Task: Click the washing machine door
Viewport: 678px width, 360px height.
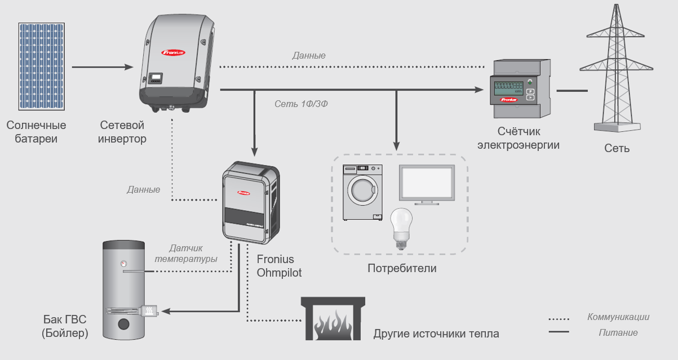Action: click(x=364, y=192)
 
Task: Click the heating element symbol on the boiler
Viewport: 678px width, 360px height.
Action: click(x=149, y=311)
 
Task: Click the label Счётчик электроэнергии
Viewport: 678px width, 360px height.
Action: click(x=519, y=138)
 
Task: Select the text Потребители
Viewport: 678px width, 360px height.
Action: click(x=402, y=268)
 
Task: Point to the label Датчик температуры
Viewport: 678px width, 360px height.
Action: click(x=186, y=254)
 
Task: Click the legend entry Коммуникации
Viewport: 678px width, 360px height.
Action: click(x=618, y=317)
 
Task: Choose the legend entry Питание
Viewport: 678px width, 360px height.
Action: click(x=618, y=332)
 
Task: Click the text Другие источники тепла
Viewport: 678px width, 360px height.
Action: click(x=436, y=334)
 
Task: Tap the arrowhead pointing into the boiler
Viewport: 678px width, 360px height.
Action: click(x=167, y=311)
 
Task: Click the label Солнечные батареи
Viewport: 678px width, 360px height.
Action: click(x=37, y=132)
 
